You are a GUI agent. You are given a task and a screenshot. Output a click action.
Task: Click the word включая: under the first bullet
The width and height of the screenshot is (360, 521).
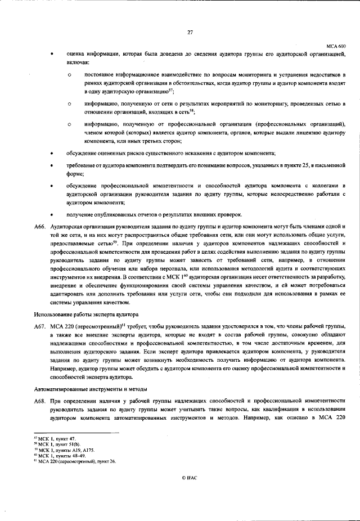pyautogui.click(x=78, y=62)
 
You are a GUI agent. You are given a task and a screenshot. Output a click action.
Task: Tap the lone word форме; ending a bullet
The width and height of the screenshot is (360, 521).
pyautogui.click(x=75, y=174)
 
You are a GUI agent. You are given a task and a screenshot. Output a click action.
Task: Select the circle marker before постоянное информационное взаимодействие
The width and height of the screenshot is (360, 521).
pyautogui.click(x=70, y=75)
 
